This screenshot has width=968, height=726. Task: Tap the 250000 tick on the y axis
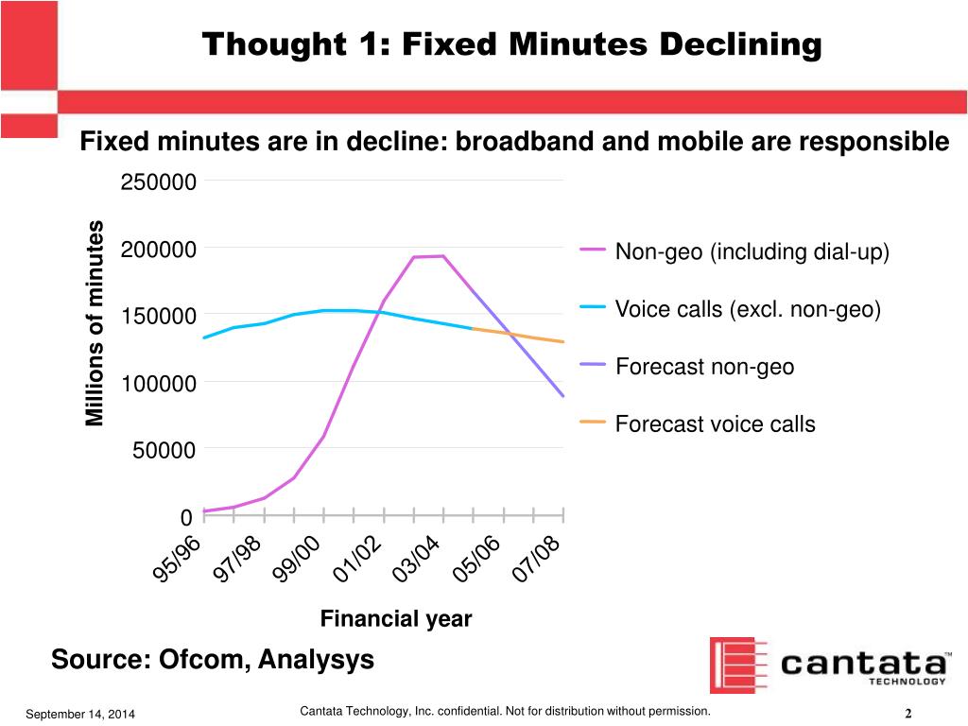tap(159, 182)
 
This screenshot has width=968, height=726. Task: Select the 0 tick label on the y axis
tap(187, 517)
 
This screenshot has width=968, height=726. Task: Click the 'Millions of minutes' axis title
tap(95, 323)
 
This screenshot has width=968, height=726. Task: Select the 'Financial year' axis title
tap(395, 619)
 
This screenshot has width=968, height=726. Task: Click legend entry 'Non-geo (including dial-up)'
tap(752, 252)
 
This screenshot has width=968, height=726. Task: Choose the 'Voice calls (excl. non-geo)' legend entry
tap(748, 309)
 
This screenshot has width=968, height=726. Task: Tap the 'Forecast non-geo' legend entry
tap(704, 367)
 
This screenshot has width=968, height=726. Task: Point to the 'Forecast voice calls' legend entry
tap(715, 423)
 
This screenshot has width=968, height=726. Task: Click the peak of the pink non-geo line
tap(442, 256)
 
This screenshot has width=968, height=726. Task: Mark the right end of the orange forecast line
tap(563, 341)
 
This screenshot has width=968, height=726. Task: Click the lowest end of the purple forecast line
tap(563, 396)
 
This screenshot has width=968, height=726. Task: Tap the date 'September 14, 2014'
tap(80, 714)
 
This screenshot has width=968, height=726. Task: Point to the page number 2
tap(907, 714)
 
